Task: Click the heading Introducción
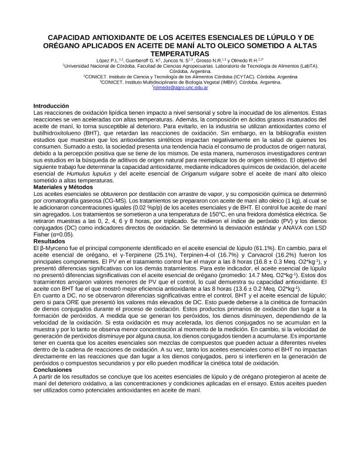tap(52, 106)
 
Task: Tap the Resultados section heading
tap(49, 241)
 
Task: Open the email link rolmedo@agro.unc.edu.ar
tap(181, 87)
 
